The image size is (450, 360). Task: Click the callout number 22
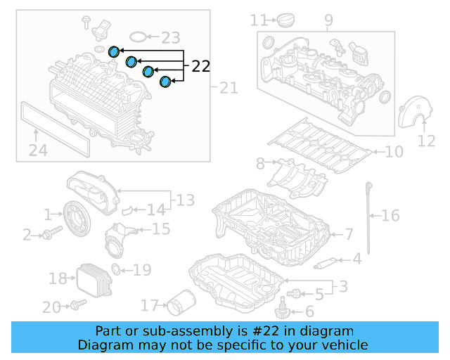coord(200,67)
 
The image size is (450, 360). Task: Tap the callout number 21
coord(229,88)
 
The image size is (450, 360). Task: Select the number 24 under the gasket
coord(38,149)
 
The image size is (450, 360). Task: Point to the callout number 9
coord(328,21)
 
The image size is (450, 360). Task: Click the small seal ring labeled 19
coord(116,269)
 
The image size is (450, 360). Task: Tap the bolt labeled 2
coord(47,235)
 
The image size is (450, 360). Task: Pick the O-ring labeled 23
coord(140,36)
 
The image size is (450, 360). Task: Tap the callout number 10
coord(394,151)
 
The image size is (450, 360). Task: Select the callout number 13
coord(185,201)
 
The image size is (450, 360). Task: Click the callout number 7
coord(349,234)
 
